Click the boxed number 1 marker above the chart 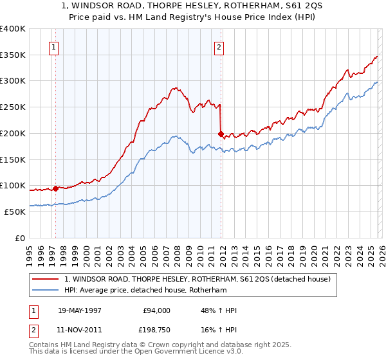(x=54, y=46)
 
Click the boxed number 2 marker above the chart (x=219, y=46)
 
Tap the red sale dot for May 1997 (x=56, y=188)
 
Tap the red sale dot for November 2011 (x=221, y=134)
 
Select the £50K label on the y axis (x=15, y=212)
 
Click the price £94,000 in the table (x=156, y=310)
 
